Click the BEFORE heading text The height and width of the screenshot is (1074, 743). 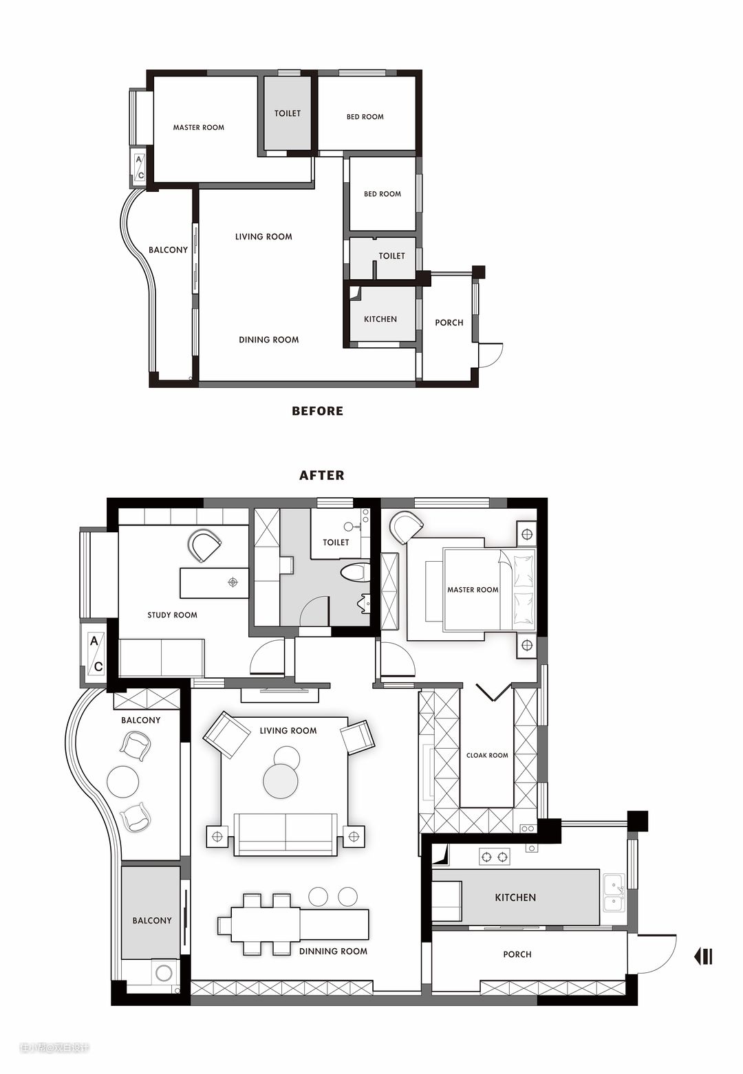click(x=318, y=411)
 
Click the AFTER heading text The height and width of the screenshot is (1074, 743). click(x=321, y=475)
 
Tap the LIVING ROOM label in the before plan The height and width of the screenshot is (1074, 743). click(x=263, y=237)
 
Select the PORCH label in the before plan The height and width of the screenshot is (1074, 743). click(x=449, y=322)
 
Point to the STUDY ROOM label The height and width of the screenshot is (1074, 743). click(x=172, y=615)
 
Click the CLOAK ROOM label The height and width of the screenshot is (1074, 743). click(x=487, y=755)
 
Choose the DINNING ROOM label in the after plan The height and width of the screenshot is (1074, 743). click(x=333, y=951)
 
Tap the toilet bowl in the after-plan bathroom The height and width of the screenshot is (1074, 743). click(x=356, y=572)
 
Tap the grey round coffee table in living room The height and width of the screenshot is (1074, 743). click(x=281, y=781)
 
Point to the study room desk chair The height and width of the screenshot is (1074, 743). click(x=204, y=546)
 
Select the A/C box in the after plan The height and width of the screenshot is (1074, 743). click(x=96, y=653)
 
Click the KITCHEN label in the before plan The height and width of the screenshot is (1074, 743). click(x=380, y=319)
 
